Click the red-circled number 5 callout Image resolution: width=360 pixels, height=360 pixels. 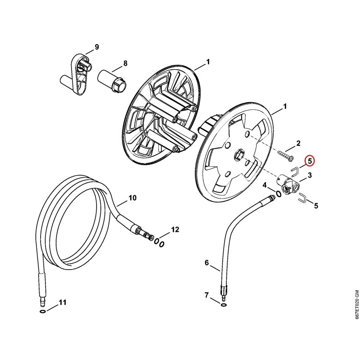[310, 162]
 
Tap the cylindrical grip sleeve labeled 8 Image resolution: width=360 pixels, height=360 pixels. [112, 81]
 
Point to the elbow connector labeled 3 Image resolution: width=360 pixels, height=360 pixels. [288, 185]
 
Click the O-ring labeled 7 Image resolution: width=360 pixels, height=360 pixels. [223, 306]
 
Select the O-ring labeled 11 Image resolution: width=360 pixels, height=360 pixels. [43, 311]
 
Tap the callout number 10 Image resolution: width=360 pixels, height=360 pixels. [132, 198]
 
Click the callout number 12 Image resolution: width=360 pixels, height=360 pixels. [175, 229]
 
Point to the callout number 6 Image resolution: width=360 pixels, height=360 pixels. [207, 263]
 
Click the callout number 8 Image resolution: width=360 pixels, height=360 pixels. [125, 63]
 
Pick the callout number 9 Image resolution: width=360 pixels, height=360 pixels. [97, 47]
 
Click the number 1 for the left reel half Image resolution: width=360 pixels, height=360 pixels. [208, 62]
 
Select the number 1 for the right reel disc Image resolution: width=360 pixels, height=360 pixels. [285, 107]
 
